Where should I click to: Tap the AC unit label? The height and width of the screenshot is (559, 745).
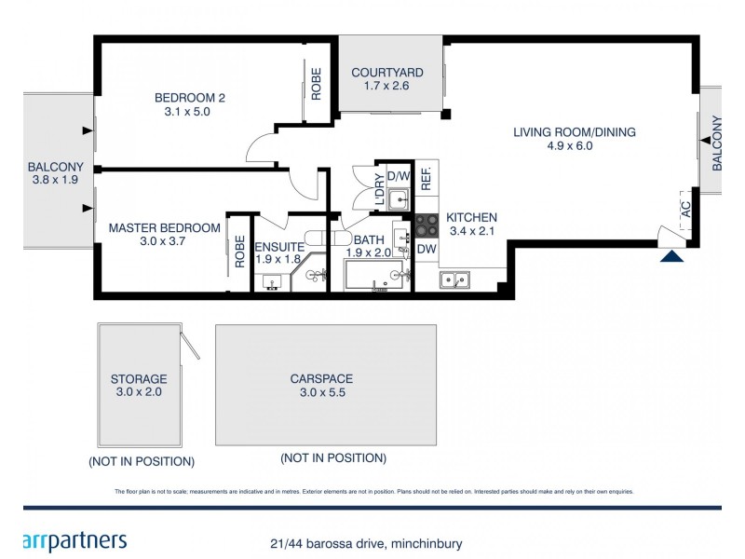point(686,208)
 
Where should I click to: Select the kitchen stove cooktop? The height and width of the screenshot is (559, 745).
point(427,225)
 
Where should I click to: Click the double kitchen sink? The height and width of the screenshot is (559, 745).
point(456,277)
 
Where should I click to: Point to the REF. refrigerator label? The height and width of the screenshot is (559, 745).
point(427,180)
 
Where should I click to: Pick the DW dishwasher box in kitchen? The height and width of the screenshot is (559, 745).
point(427,250)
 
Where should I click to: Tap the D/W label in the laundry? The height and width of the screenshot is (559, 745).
point(399,176)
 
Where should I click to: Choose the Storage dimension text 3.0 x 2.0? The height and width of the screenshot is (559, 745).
point(138,393)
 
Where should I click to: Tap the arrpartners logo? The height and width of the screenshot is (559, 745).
point(74,540)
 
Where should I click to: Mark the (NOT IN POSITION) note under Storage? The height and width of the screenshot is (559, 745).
point(142,462)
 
